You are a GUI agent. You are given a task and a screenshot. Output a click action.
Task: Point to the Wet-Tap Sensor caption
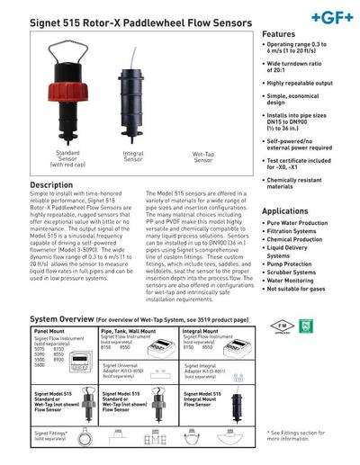(x=204, y=157)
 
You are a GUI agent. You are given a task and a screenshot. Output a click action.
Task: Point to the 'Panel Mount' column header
(x=50, y=329)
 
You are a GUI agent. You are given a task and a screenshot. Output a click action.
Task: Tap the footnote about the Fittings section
(x=301, y=436)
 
